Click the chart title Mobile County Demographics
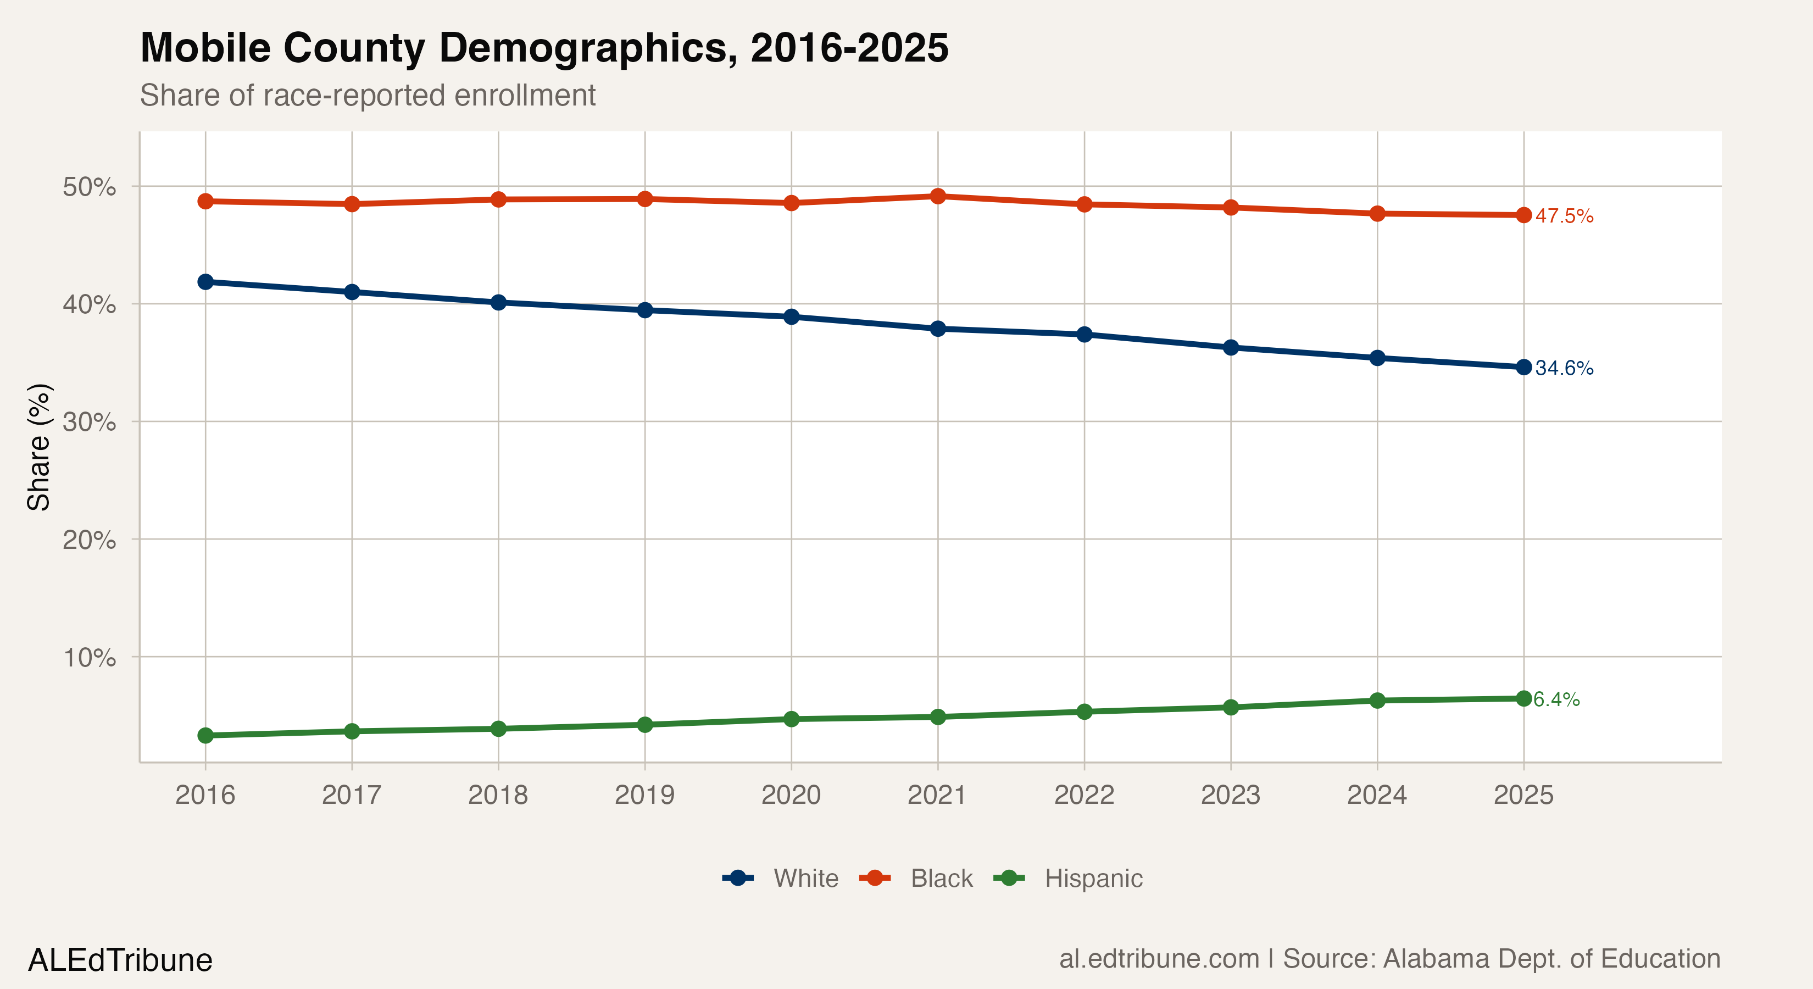544,48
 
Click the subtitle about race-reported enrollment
368,95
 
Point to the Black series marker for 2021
937,196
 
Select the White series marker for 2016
205,281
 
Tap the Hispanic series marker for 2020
791,719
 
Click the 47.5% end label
1564,216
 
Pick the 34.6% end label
1564,368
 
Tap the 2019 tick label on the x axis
644,794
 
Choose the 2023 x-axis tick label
1230,794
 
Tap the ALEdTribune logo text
120,960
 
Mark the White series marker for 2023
1230,347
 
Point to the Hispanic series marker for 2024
1377,701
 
